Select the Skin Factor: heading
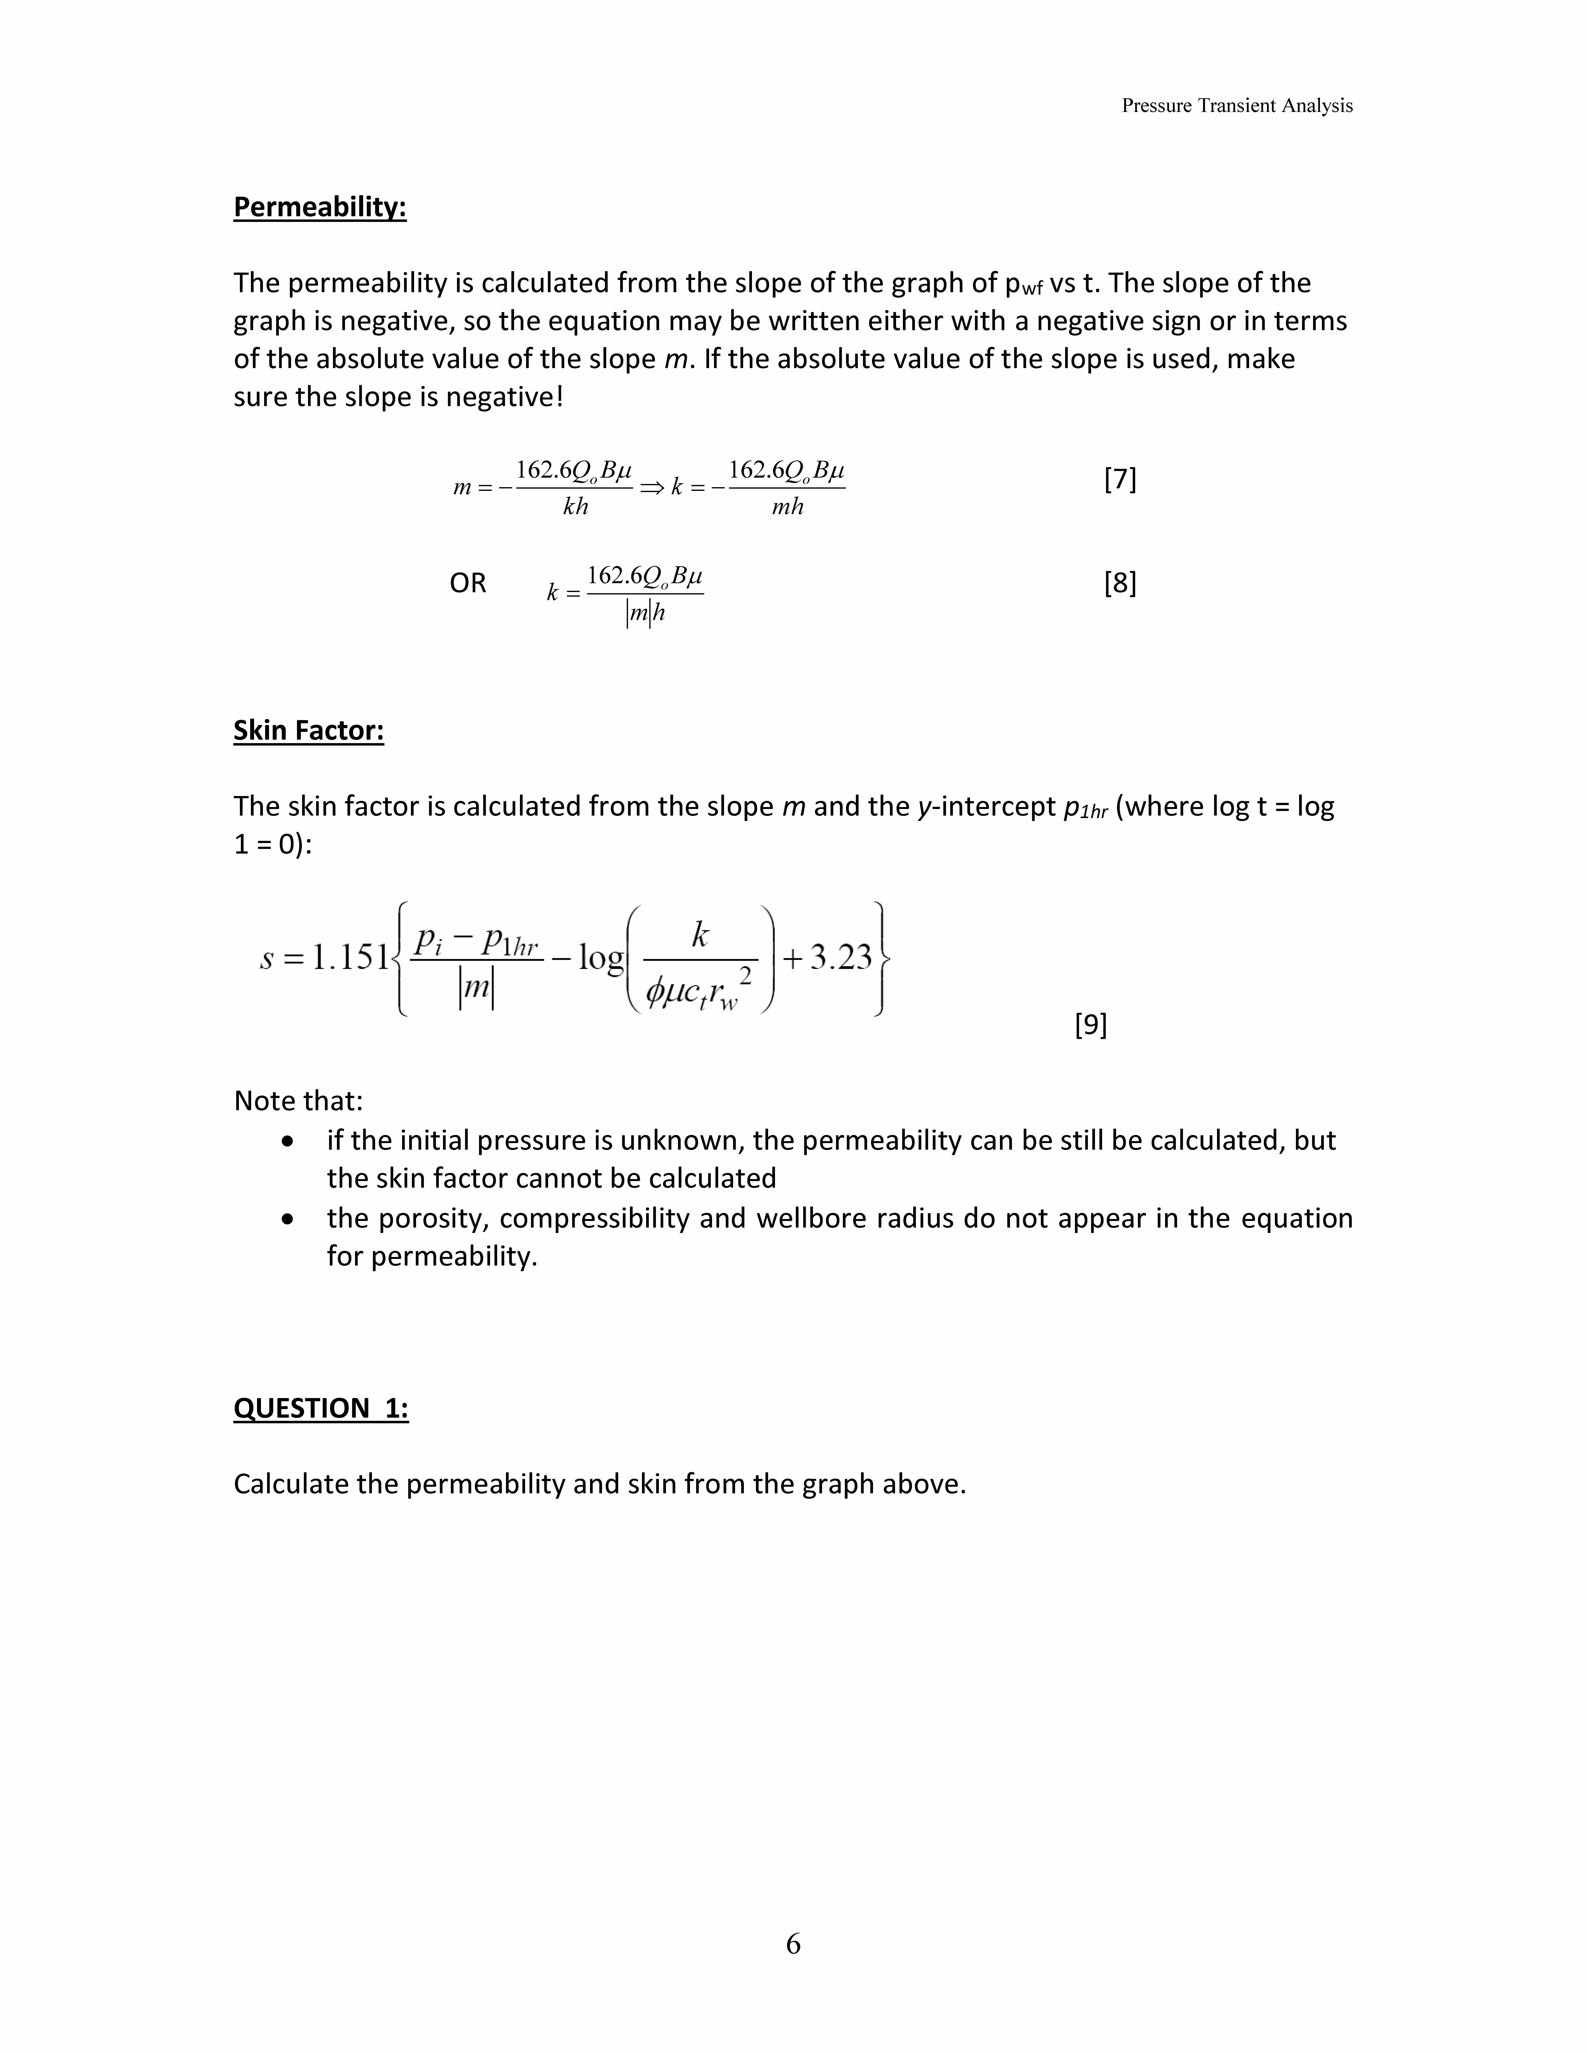(308, 730)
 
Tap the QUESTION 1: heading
(320, 1408)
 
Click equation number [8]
(1120, 584)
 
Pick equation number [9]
(1091, 1025)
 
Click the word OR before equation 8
(467, 584)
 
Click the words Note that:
(298, 1101)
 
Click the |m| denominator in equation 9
(477, 990)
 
